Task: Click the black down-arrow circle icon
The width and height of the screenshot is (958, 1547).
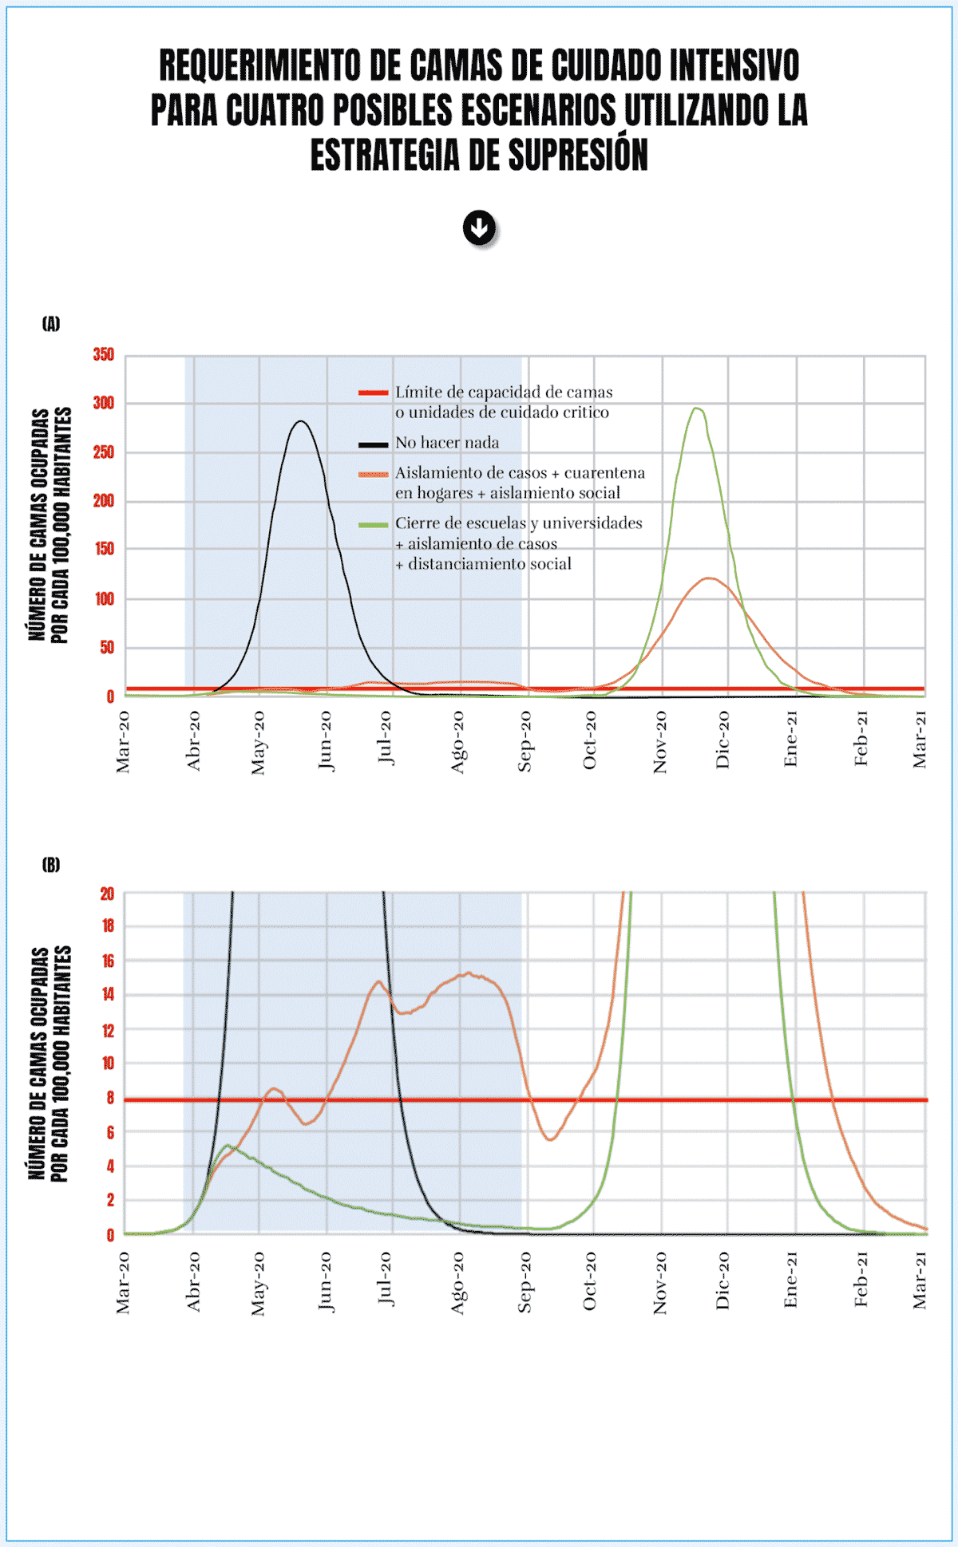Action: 479,229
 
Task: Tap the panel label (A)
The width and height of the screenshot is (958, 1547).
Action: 51,323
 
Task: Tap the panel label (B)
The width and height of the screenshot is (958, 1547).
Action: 51,865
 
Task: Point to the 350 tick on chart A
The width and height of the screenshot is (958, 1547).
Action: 104,354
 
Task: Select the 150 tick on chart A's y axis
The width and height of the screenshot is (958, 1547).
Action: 104,549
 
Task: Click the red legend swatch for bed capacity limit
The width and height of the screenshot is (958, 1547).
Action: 373,393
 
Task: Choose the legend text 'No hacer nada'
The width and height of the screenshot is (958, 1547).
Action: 446,443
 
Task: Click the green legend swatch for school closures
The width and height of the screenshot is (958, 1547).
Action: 373,524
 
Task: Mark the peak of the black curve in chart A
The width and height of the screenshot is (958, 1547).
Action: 301,421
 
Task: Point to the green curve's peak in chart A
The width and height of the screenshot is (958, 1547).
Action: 697,408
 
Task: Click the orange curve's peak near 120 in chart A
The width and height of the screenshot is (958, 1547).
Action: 709,578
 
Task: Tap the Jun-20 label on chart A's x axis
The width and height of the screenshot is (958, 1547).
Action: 325,741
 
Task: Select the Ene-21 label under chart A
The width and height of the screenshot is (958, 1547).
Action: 791,740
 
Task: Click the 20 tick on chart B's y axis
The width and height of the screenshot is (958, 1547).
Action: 107,894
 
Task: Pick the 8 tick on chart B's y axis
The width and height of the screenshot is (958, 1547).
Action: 109,1099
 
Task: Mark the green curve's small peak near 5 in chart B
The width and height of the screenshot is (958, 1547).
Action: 228,1146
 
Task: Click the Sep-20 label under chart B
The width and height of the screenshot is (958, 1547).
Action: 525,1281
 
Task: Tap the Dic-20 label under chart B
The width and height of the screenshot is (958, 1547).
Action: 723,1281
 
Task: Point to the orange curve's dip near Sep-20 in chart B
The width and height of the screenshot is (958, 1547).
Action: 551,1139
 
